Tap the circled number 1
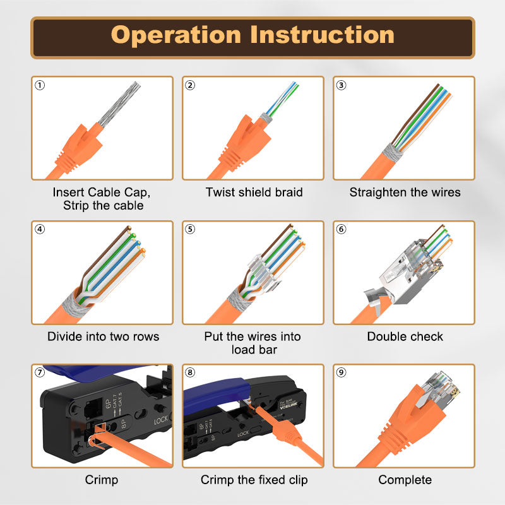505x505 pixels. [40, 85]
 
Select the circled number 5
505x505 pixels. [191, 229]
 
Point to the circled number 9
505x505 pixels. [342, 372]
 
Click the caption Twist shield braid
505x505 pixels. [254, 193]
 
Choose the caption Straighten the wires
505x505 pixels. [405, 193]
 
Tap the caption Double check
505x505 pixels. [405, 336]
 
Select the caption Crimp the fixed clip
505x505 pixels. [254, 480]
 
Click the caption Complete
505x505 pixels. [405, 480]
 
